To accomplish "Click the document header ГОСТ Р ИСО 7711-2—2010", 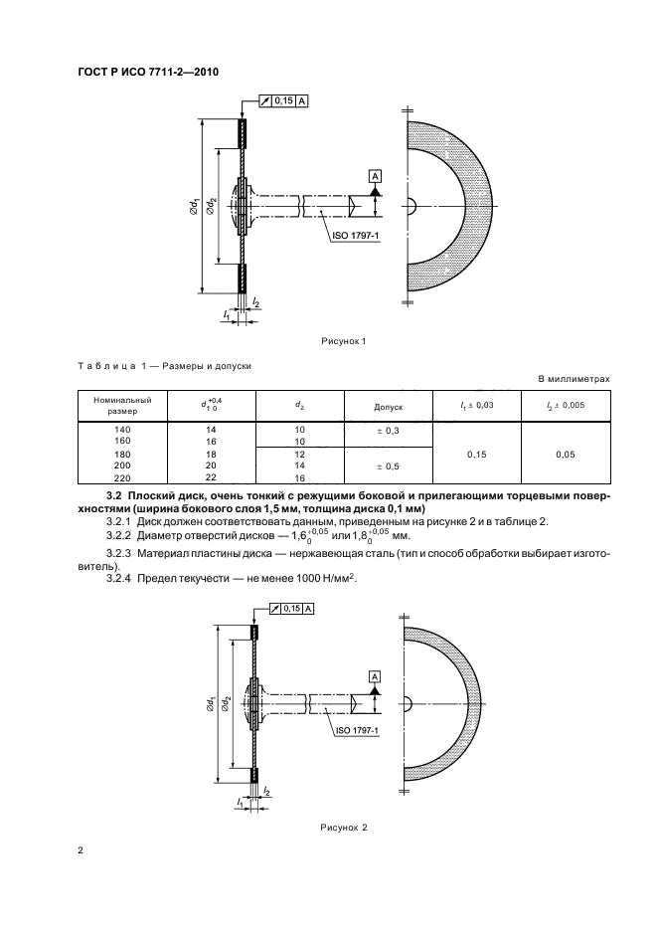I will tap(148, 73).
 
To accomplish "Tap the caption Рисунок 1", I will tap(344, 342).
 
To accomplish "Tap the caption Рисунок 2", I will tap(344, 827).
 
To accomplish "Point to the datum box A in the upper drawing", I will tap(375, 176).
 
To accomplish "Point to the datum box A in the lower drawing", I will tap(375, 676).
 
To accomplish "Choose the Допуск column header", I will tap(388, 406).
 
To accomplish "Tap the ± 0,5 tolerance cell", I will tap(388, 465).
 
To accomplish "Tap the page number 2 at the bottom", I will tap(81, 851).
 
